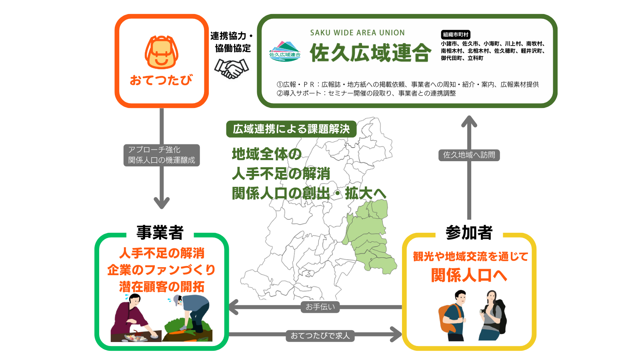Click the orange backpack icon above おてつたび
click(161, 52)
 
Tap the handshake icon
click(232, 68)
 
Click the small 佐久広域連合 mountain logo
click(285, 52)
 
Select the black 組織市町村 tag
click(455, 35)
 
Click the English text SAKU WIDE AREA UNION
click(357, 33)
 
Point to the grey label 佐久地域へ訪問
click(469, 155)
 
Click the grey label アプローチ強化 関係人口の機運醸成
click(161, 155)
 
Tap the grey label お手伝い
click(320, 307)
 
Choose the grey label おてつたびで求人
click(320, 336)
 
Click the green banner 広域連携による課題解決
click(291, 129)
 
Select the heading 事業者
click(160, 232)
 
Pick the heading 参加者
click(469, 232)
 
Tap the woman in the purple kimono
click(131, 318)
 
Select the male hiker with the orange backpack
click(454, 316)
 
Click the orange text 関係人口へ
click(469, 276)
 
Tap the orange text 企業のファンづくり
click(161, 270)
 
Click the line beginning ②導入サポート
click(366, 93)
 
